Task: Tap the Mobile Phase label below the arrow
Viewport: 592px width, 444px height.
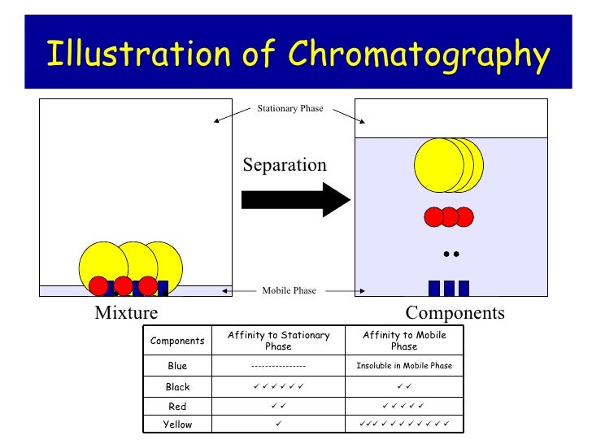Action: point(289,290)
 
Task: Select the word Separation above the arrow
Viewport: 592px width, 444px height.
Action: point(285,165)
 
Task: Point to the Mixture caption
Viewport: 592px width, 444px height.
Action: point(126,313)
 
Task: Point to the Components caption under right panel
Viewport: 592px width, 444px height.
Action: point(455,313)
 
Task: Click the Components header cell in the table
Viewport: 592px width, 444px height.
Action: point(177,341)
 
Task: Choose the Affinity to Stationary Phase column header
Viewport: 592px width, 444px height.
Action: point(278,341)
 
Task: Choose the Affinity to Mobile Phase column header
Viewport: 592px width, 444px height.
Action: point(403,341)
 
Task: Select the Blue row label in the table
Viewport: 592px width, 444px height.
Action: point(177,366)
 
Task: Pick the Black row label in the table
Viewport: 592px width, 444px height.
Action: point(177,387)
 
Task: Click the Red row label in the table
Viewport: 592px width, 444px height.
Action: point(177,406)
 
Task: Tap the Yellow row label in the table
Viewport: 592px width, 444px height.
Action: point(177,424)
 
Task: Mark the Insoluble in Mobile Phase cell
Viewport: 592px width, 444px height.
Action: point(403,366)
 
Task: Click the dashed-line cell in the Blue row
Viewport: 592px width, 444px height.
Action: point(278,366)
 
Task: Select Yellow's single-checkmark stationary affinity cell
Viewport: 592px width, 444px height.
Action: point(278,424)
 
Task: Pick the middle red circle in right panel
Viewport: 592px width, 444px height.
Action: point(449,217)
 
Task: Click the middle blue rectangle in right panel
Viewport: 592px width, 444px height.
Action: point(449,288)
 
